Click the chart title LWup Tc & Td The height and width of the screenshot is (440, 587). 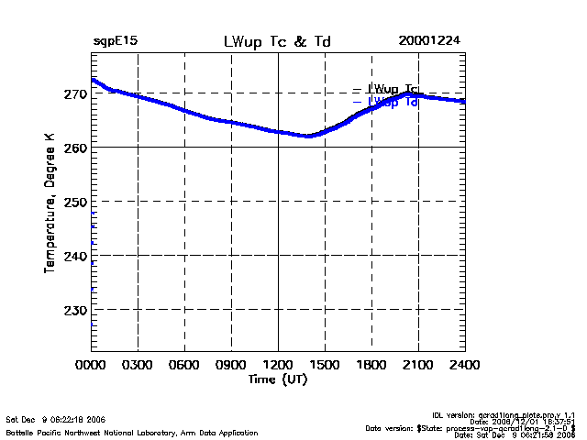coord(278,42)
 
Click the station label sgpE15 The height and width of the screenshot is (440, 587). coord(116,42)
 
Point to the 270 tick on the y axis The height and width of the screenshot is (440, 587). coord(75,93)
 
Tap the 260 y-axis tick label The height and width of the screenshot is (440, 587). coord(75,148)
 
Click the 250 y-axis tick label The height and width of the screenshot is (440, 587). coord(75,202)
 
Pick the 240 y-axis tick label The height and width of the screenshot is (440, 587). coord(75,256)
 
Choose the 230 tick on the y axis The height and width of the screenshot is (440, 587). coord(75,310)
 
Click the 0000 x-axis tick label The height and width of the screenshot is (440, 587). coord(91,365)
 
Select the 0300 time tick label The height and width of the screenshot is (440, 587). coord(138,365)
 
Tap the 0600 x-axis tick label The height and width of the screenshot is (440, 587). coord(184,365)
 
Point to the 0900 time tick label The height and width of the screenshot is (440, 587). coord(231,365)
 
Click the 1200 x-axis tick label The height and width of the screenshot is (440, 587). coord(278,365)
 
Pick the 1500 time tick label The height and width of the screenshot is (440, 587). coord(325,365)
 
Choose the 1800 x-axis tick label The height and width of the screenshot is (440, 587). coord(371,365)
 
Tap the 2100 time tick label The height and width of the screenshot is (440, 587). coord(418,365)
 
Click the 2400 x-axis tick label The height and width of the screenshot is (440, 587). coord(465,365)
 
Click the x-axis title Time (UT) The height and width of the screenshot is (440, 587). coord(278,379)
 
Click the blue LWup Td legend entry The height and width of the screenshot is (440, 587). coord(392,103)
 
